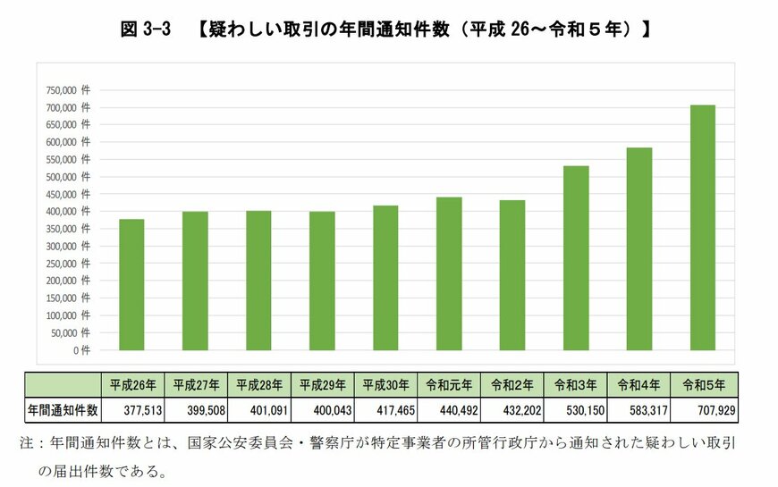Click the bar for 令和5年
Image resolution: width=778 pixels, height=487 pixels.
[x=703, y=228]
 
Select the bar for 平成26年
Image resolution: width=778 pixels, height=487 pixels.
[x=131, y=285]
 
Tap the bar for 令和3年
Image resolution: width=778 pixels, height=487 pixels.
[x=576, y=258]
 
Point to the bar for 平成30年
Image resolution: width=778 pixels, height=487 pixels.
[x=385, y=278]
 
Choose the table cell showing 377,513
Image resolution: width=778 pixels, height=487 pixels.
[x=133, y=409]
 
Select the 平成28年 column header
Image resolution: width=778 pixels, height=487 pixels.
[x=259, y=386]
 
